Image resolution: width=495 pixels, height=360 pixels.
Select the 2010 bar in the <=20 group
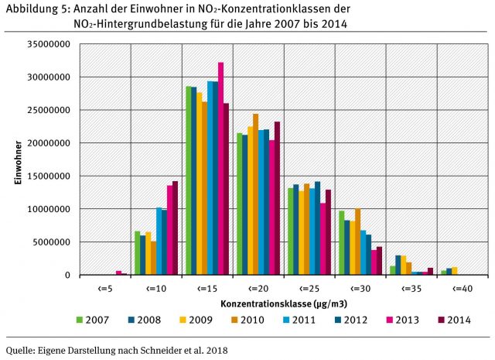(256, 194)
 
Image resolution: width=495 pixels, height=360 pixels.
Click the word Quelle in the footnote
(21, 350)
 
